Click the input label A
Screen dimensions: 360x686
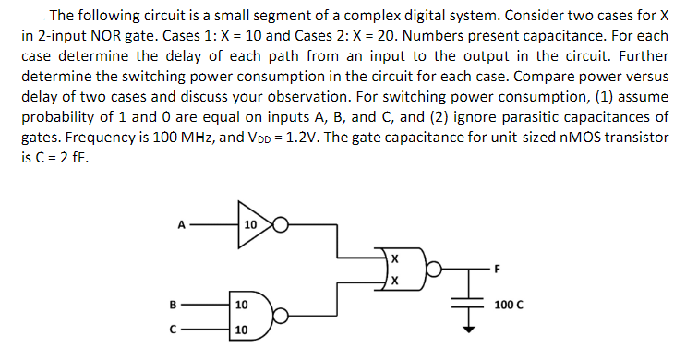pyautogui.click(x=183, y=222)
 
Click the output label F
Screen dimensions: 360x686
pyautogui.click(x=498, y=270)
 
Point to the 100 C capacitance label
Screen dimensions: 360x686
pyautogui.click(x=509, y=304)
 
